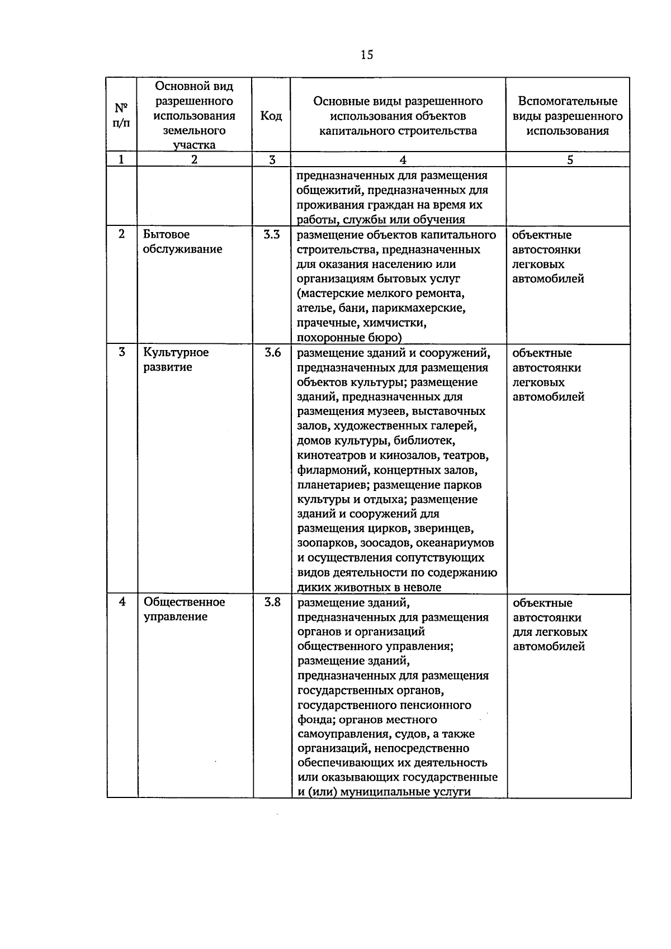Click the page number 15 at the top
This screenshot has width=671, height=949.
pyautogui.click(x=367, y=54)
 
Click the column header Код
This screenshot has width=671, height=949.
pyautogui.click(x=271, y=116)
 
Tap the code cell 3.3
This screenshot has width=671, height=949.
pyautogui.click(x=271, y=235)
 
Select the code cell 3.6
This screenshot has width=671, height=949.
pyautogui.click(x=272, y=353)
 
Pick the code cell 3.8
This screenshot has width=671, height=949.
pyautogui.click(x=272, y=602)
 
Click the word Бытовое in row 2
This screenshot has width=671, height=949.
pyautogui.click(x=166, y=235)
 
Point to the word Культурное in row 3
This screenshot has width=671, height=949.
pyautogui.click(x=176, y=352)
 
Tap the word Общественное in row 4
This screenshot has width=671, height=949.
pyautogui.click(x=184, y=602)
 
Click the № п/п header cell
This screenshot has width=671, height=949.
pyautogui.click(x=122, y=115)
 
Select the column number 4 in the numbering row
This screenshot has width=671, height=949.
pyautogui.click(x=403, y=159)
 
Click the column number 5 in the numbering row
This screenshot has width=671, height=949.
pyautogui.click(x=569, y=159)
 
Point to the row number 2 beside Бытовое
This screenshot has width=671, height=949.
pyautogui.click(x=122, y=234)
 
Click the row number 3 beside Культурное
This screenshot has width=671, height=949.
pyautogui.click(x=122, y=352)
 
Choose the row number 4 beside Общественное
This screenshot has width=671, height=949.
pyautogui.click(x=122, y=602)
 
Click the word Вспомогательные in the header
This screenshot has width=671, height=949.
pyautogui.click(x=568, y=101)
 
